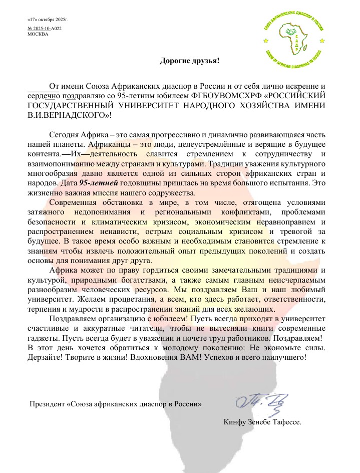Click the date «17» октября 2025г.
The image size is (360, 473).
[x=48, y=20]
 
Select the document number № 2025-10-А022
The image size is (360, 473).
[x=45, y=29]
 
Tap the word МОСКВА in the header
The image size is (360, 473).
[x=38, y=34]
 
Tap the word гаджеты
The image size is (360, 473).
[x=41, y=338]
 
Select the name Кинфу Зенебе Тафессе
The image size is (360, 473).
[x=262, y=422]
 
